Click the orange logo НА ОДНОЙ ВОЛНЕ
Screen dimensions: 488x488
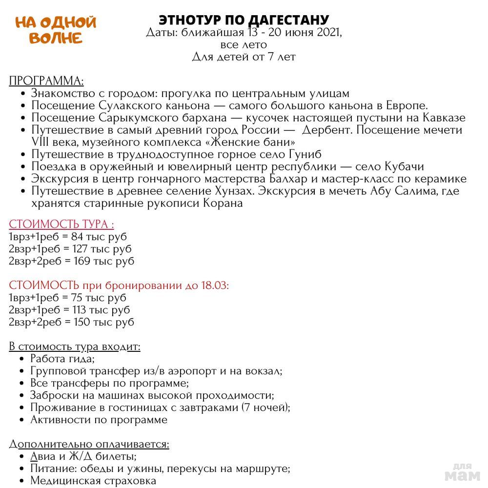[x=56, y=30]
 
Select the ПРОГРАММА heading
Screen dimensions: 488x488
[x=46, y=81]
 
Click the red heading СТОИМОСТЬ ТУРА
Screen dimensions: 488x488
[x=61, y=224]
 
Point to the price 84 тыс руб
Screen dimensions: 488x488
[x=99, y=237]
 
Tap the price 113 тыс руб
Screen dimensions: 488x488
[x=103, y=310]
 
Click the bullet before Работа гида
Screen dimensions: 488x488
[x=23, y=359]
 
